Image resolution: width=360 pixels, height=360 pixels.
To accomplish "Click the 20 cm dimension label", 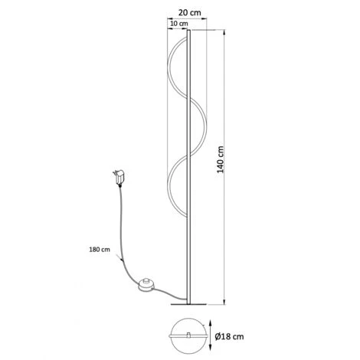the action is point(189,12).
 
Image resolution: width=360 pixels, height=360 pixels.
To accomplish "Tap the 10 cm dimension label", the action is point(178,24).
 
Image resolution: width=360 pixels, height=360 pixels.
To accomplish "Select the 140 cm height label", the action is point(221,159).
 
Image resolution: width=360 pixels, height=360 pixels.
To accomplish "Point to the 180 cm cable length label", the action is point(100,250).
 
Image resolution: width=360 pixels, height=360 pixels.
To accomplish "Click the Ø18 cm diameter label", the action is point(229,336).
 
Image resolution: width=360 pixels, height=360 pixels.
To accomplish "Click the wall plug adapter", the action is point(119,177).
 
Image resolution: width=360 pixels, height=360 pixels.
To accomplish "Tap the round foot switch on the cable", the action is point(146,285).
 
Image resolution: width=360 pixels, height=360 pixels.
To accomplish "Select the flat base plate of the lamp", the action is point(188,304).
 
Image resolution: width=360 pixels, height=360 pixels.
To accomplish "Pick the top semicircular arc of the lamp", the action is point(168,67).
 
